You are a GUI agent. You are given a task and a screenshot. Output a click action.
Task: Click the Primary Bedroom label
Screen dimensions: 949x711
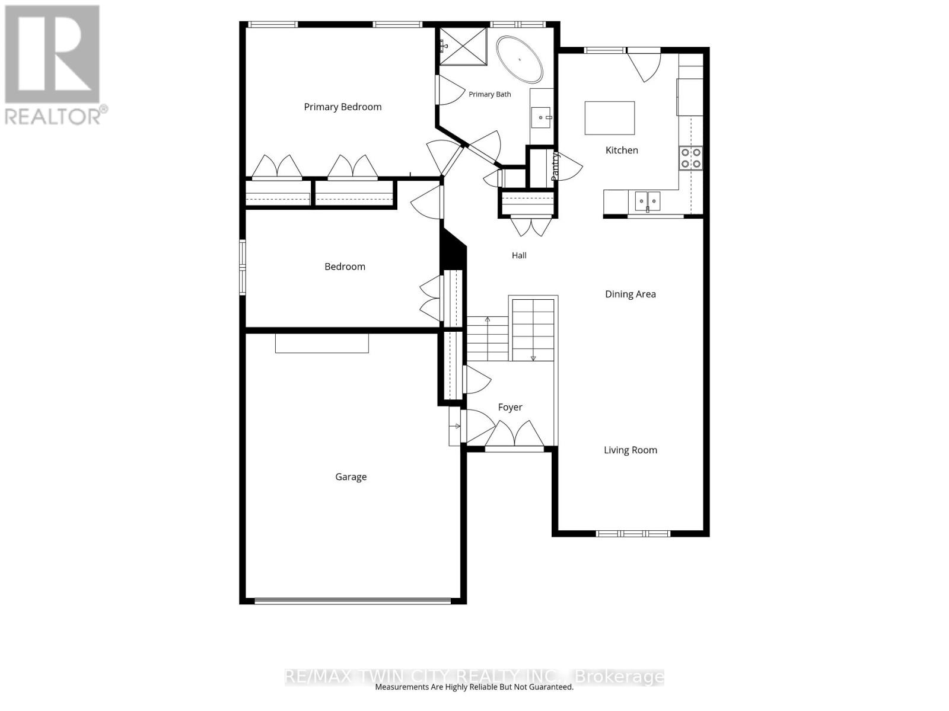pos(342,107)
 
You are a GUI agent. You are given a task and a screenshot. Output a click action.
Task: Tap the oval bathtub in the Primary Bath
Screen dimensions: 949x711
pos(519,60)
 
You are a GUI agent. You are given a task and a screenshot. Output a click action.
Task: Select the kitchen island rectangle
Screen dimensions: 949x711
pos(610,118)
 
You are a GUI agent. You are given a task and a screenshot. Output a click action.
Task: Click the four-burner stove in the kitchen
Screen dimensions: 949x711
pos(690,158)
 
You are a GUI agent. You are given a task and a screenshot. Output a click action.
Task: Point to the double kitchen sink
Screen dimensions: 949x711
pos(647,201)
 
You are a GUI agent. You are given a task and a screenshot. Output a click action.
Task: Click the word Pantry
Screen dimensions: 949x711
pos(555,166)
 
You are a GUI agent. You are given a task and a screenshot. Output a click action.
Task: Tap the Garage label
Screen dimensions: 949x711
pos(351,476)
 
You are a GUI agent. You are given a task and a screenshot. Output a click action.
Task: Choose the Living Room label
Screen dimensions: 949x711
pos(630,450)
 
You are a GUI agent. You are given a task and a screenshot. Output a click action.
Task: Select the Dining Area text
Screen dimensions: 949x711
pos(630,294)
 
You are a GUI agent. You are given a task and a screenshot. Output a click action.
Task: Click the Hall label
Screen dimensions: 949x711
pos(519,255)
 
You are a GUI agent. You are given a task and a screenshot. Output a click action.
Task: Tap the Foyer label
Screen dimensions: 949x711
pos(510,407)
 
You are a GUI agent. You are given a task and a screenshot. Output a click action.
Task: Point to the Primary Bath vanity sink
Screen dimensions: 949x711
pos(541,117)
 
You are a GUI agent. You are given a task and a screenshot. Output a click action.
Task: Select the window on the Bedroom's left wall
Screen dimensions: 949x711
pos(243,268)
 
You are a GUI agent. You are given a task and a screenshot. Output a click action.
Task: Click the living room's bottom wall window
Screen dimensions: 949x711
pos(633,534)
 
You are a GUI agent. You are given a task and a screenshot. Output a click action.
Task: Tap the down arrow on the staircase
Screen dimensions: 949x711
pos(533,358)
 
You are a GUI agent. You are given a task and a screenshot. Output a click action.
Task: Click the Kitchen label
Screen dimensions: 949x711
pos(622,150)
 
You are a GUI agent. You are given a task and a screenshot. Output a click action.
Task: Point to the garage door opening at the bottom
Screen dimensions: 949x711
pos(352,600)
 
